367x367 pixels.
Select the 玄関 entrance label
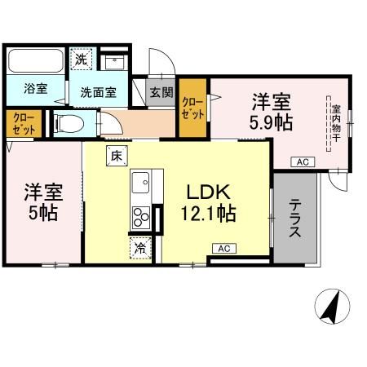(x=161, y=92)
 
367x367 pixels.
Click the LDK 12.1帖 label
(x=210, y=204)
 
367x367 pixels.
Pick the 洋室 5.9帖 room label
(x=272, y=112)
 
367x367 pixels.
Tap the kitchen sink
(x=139, y=181)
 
